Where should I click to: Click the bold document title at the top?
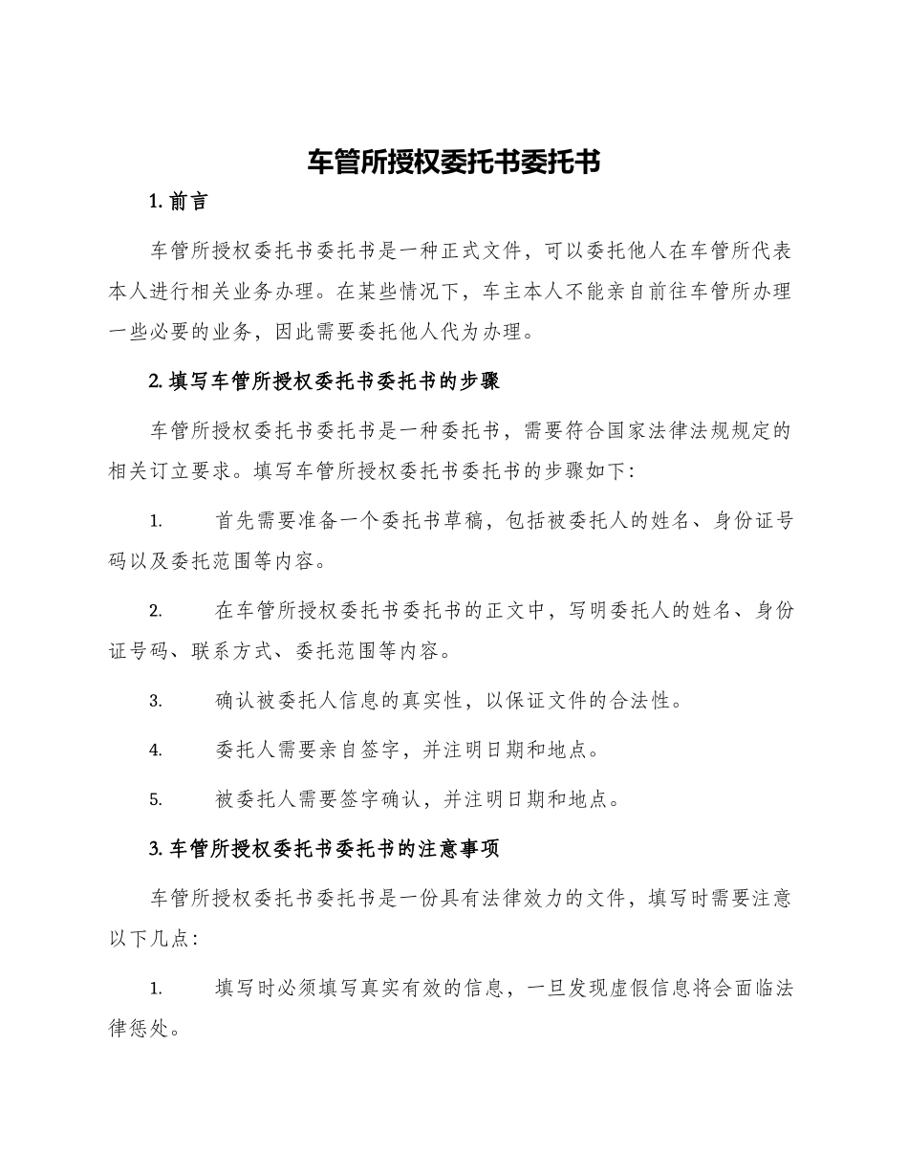(453, 162)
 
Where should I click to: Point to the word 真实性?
(433, 701)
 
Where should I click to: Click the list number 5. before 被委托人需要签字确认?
(156, 799)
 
